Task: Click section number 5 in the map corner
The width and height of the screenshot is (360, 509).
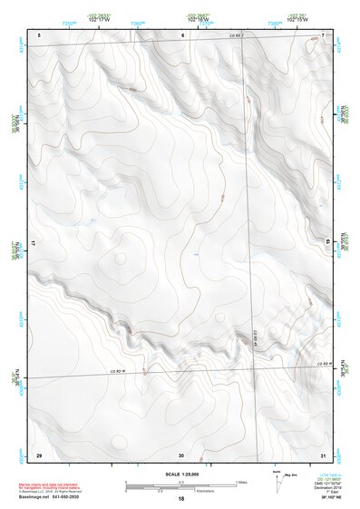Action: [39, 34]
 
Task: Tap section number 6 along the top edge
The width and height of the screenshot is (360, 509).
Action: [182, 34]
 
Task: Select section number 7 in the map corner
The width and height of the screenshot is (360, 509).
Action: [323, 34]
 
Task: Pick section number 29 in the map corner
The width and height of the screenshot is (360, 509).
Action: [38, 454]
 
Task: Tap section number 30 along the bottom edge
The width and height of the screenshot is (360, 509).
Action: [181, 454]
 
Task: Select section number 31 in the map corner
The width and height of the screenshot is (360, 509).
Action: [323, 454]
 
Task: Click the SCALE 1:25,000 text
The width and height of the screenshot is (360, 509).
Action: [180, 474]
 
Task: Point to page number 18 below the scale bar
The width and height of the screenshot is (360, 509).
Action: [180, 499]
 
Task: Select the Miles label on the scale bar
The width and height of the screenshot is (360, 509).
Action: [241, 481]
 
